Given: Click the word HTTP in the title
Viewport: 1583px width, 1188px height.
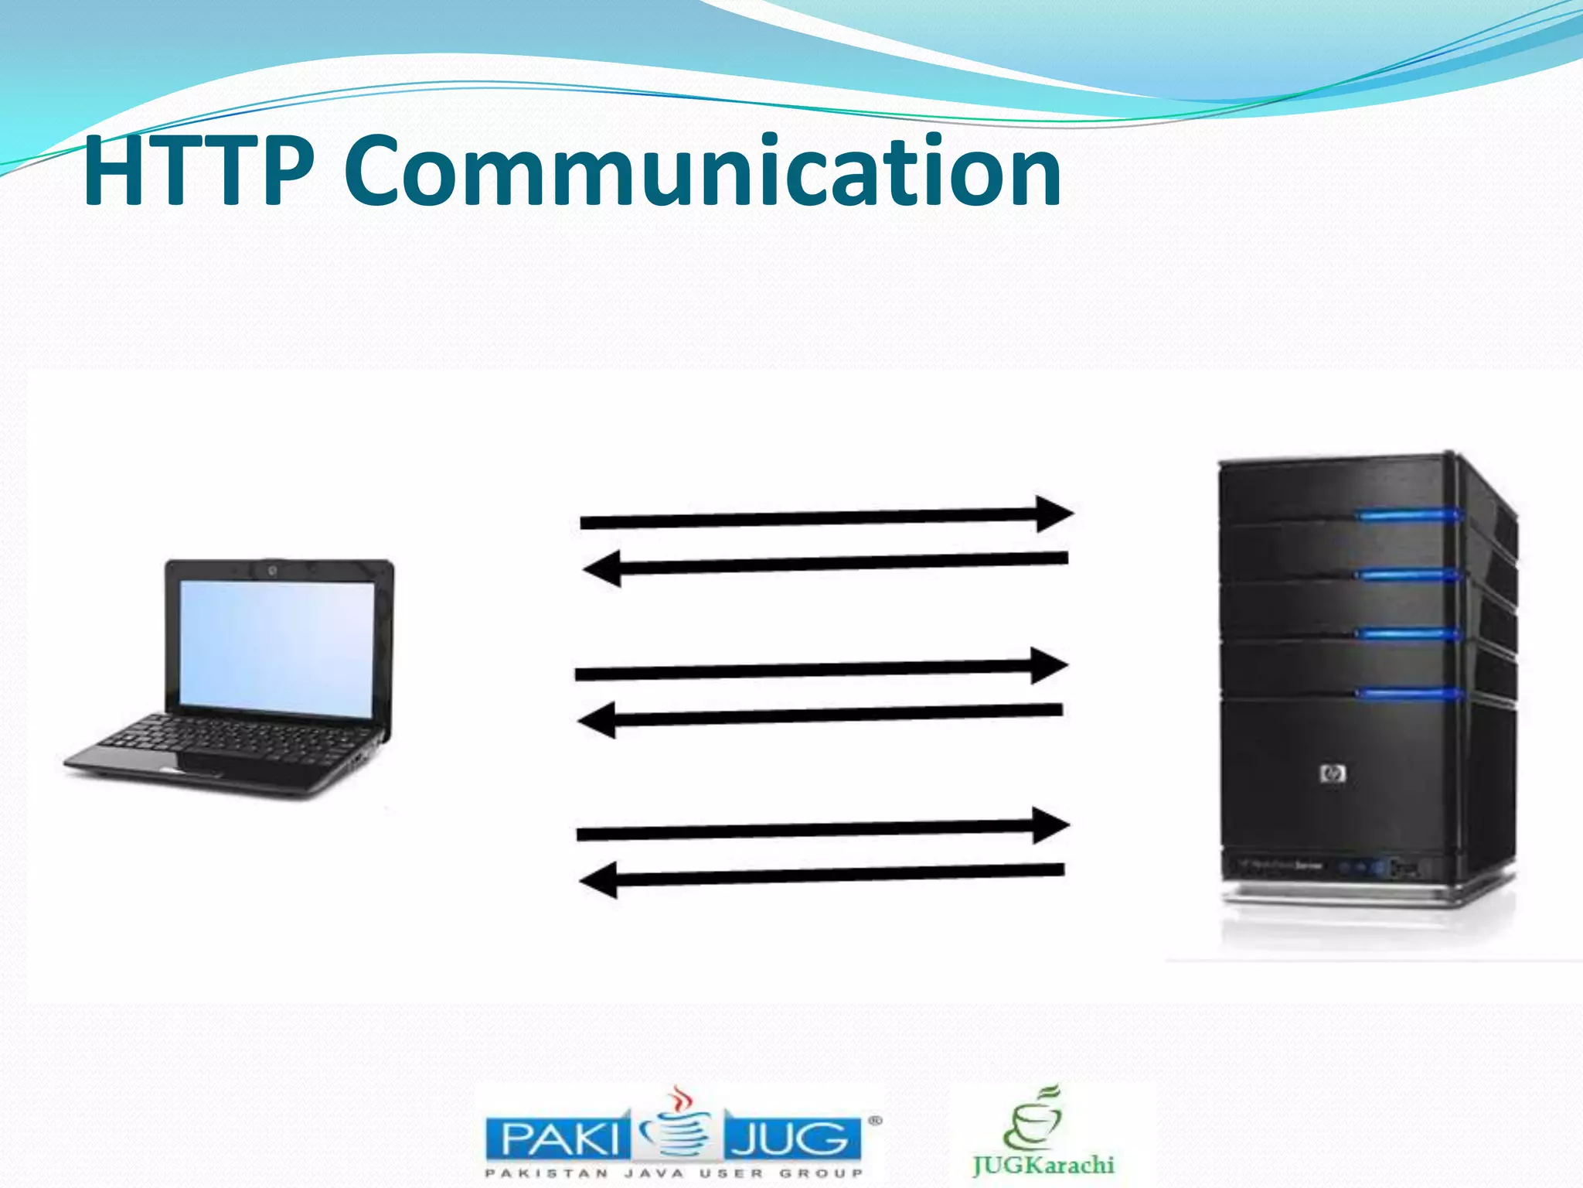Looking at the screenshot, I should [x=199, y=171].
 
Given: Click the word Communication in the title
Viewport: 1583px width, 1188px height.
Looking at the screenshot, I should [x=702, y=171].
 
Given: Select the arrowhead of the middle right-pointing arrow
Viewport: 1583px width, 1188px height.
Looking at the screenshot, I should [x=1049, y=666].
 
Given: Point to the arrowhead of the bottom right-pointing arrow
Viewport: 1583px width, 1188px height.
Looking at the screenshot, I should [x=1050, y=825].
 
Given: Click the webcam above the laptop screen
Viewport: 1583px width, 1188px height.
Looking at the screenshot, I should [x=272, y=571].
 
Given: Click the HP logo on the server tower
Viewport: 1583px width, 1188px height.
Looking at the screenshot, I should [x=1333, y=773].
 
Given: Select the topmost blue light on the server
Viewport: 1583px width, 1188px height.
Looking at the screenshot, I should [x=1407, y=515].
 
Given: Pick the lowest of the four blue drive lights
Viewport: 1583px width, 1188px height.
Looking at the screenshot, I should [x=1407, y=693].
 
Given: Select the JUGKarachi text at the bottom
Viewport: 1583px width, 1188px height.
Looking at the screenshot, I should [x=1043, y=1165].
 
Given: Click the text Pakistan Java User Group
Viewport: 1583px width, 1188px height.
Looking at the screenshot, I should [x=672, y=1173].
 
